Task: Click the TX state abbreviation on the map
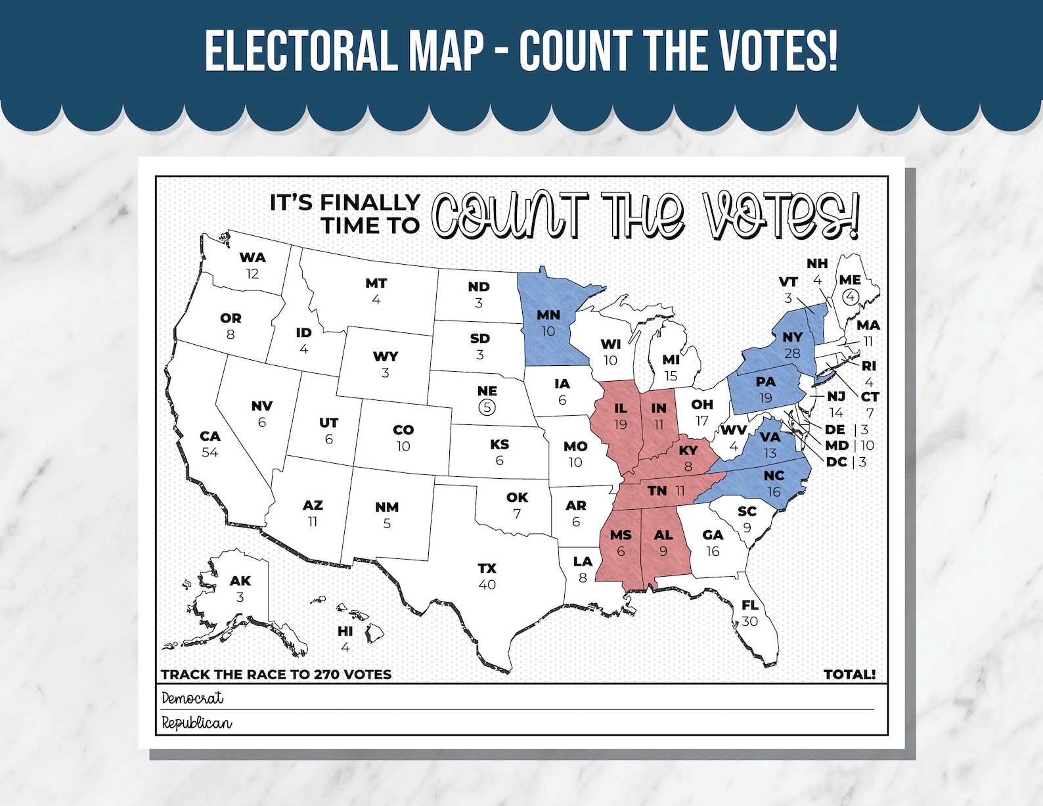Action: pyautogui.click(x=487, y=568)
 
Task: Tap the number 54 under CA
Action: pyautogui.click(x=210, y=453)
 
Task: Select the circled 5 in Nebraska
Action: pyautogui.click(x=487, y=407)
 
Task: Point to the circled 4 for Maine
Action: pyautogui.click(x=851, y=297)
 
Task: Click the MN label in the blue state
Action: pyautogui.click(x=548, y=315)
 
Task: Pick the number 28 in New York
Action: pyautogui.click(x=793, y=353)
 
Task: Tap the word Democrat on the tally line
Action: pyautogui.click(x=192, y=698)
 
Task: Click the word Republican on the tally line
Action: pyautogui.click(x=197, y=723)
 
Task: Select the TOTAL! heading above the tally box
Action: pyautogui.click(x=849, y=675)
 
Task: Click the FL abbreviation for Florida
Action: pyautogui.click(x=750, y=605)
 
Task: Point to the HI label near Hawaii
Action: pyautogui.click(x=345, y=631)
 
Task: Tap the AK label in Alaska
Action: pyautogui.click(x=240, y=581)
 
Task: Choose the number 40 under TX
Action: pyautogui.click(x=487, y=585)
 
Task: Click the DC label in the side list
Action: pyautogui.click(x=836, y=462)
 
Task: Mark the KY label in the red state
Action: pyautogui.click(x=688, y=451)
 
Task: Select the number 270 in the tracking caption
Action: pyautogui.click(x=326, y=675)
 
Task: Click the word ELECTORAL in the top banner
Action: pyautogui.click(x=300, y=51)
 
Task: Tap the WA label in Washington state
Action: pyautogui.click(x=253, y=257)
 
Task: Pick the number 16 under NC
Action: pyautogui.click(x=774, y=492)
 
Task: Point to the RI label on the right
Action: pyautogui.click(x=868, y=366)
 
